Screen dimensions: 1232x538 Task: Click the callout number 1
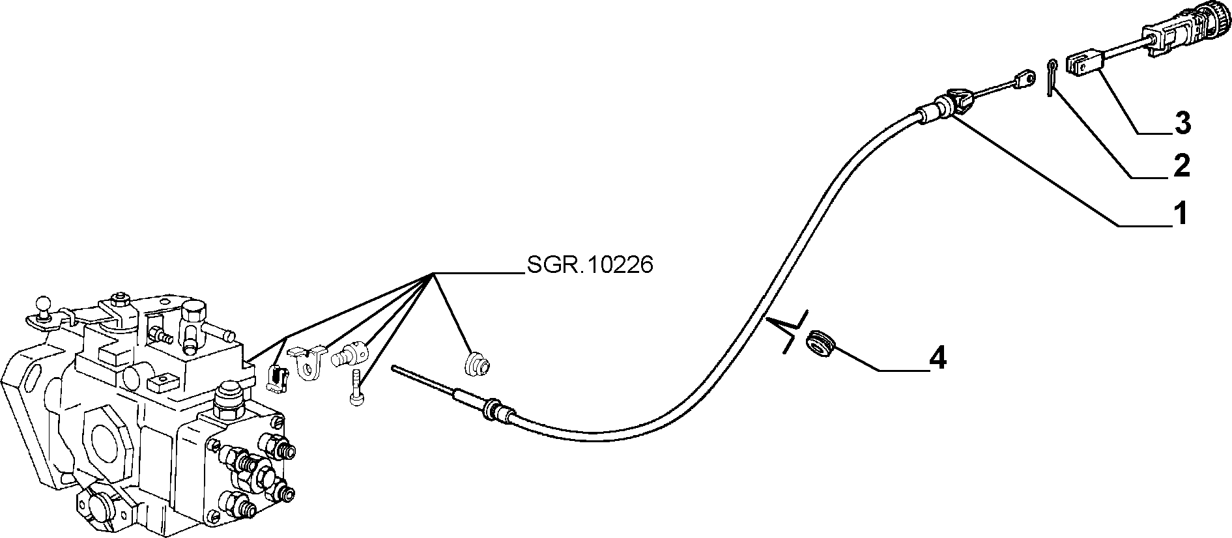[x=1179, y=214]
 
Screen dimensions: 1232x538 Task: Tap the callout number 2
[x=1180, y=165]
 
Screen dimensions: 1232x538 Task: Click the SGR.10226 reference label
[x=589, y=265]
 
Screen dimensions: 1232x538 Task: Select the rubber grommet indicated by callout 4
[x=820, y=343]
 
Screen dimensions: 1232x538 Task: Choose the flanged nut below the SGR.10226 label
[x=479, y=364]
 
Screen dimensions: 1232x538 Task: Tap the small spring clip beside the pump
[x=278, y=378]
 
